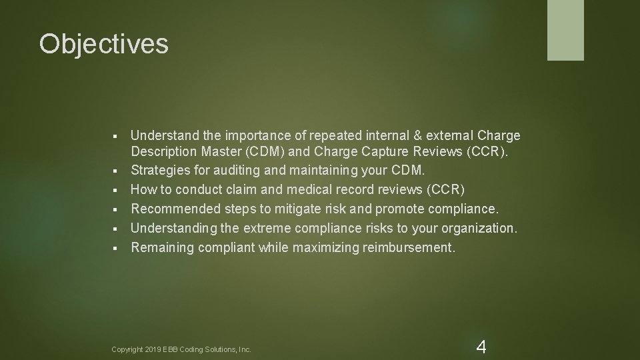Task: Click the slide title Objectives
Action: [x=104, y=45]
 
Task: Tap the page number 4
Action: [x=481, y=347]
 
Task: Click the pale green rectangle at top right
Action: [x=565, y=30]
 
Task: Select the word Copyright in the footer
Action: [x=127, y=349]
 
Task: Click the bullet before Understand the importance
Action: [x=115, y=137]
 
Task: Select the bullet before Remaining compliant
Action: [x=115, y=249]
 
